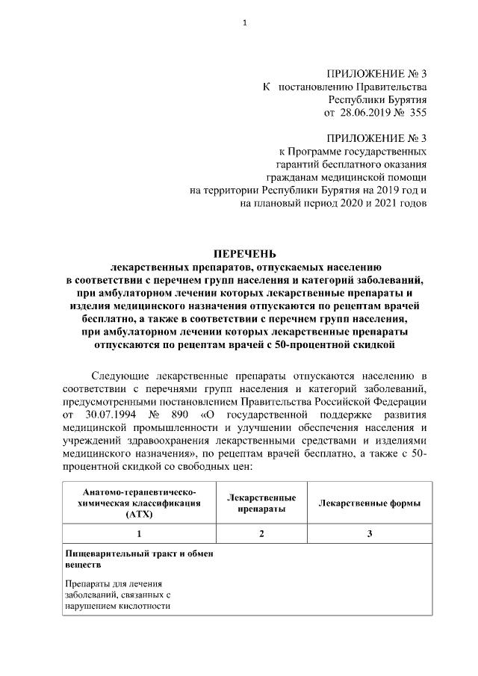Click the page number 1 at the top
tap(244, 22)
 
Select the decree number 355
tap(417, 112)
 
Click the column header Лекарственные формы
tap(369, 503)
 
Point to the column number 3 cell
tap(369, 534)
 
